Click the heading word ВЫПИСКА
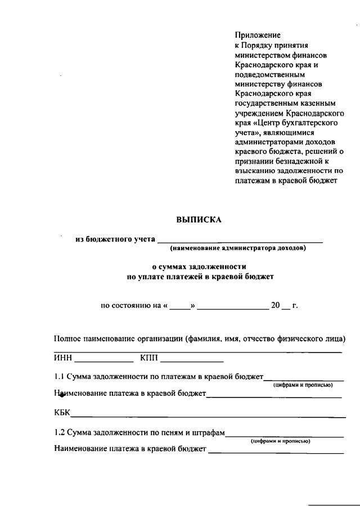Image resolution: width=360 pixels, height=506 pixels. pyautogui.click(x=199, y=220)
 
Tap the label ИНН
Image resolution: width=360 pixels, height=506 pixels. pyautogui.click(x=64, y=358)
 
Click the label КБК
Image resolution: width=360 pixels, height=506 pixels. pyautogui.click(x=62, y=413)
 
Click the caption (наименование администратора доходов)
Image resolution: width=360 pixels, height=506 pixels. pyautogui.click(x=238, y=248)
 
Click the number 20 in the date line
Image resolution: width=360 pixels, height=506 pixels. pyautogui.click(x=275, y=306)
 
